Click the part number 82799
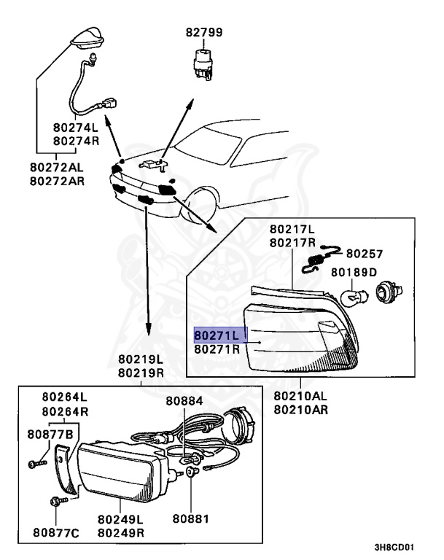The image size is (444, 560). tap(203, 32)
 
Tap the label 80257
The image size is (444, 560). tap(364, 254)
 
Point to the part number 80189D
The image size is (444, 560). tap(354, 272)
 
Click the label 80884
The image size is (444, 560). tap(184, 400)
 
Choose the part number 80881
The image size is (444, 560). tap(191, 519)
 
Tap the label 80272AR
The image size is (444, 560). tap(57, 179)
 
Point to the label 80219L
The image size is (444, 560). tap(149, 359)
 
